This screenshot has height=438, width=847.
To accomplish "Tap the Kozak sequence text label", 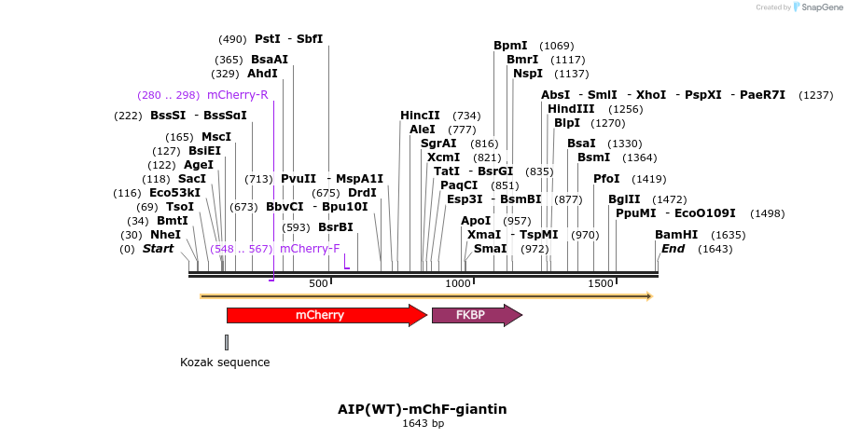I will click(225, 363).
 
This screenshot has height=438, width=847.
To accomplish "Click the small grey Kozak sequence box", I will click(227, 342).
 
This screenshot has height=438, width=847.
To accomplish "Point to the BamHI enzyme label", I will click(676, 235).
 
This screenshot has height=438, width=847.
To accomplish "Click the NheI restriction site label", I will click(165, 235).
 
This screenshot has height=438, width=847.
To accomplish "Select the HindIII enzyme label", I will click(571, 109).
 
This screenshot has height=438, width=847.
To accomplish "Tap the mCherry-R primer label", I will click(238, 95).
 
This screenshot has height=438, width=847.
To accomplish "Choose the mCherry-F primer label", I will click(310, 249).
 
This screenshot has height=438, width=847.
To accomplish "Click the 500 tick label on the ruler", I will click(319, 283).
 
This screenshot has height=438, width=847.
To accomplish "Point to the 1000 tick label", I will click(458, 283).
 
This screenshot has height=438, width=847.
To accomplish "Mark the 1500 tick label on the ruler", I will click(599, 283).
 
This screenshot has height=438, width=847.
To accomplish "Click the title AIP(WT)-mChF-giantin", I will click(423, 408).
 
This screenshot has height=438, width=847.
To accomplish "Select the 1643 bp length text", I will click(423, 423).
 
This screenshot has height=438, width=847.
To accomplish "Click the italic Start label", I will click(158, 249).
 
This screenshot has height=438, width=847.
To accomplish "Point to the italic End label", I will click(673, 249).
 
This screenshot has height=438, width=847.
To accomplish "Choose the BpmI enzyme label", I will click(510, 46).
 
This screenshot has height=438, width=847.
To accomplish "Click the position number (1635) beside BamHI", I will click(729, 235).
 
